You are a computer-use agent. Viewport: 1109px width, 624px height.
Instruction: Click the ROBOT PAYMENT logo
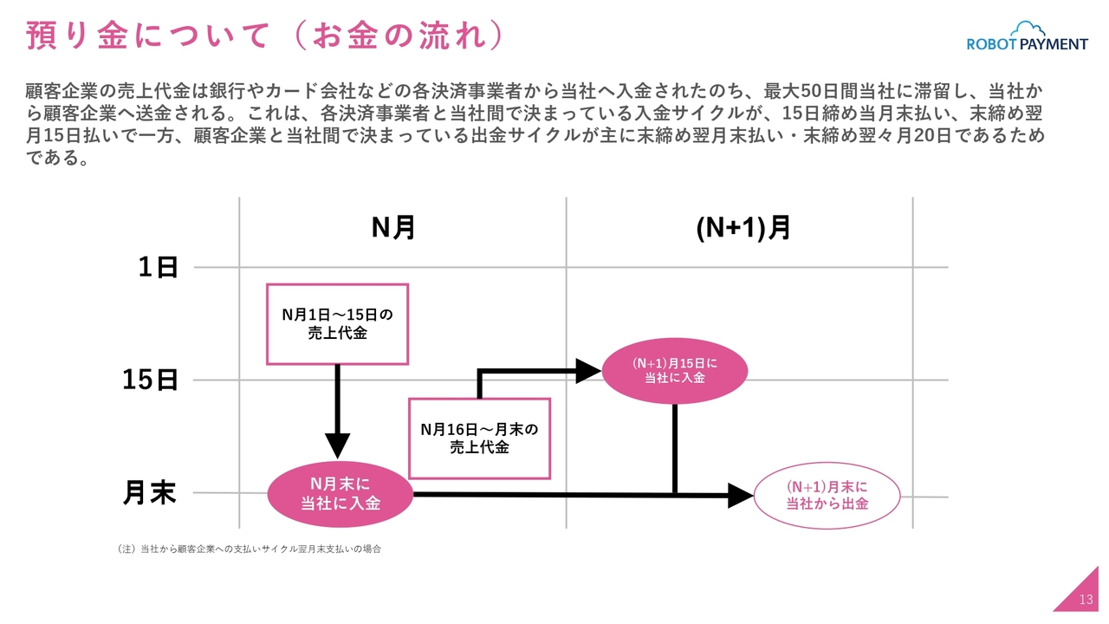click(1028, 36)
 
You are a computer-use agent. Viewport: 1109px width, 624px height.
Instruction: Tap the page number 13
click(1086, 600)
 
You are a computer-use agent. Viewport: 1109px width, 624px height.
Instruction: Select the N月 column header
click(393, 228)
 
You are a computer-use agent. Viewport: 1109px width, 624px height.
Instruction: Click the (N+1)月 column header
click(743, 228)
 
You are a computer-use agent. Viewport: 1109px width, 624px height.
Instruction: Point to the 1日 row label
click(158, 268)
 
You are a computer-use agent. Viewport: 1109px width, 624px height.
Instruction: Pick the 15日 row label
click(150, 380)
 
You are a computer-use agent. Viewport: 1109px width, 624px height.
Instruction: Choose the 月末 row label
click(150, 493)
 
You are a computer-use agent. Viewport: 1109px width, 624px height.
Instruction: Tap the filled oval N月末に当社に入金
click(340, 494)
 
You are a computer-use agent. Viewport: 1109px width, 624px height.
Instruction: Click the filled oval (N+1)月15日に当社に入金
click(674, 371)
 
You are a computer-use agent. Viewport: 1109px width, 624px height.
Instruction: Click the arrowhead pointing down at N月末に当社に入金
click(338, 445)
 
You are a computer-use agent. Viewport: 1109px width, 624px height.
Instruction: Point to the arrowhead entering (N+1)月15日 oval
click(588, 371)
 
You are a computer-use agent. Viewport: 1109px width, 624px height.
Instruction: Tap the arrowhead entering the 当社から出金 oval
click(741, 495)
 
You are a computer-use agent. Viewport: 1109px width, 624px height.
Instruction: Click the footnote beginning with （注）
click(249, 549)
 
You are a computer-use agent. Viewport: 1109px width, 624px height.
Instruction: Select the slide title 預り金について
click(147, 36)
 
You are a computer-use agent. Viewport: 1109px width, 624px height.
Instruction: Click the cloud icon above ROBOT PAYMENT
click(1028, 29)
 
